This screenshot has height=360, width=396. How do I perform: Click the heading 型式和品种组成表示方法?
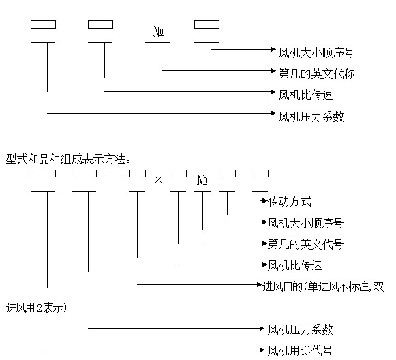(x=65, y=159)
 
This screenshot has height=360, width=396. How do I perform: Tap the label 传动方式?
(x=290, y=201)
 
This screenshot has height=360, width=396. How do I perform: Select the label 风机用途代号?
(x=300, y=350)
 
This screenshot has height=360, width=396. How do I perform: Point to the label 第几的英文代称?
(x=316, y=74)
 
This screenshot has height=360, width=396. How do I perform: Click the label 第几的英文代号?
(x=305, y=244)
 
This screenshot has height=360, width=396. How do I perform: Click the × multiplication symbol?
(x=158, y=179)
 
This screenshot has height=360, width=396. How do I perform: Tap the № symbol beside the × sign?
(x=202, y=180)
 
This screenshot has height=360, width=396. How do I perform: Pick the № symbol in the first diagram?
(x=159, y=31)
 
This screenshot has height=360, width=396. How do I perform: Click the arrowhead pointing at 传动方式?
(x=265, y=201)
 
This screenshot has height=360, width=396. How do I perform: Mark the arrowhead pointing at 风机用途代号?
(x=262, y=350)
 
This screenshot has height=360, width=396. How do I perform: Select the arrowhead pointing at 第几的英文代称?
(x=273, y=70)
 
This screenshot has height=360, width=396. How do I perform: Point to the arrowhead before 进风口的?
(x=260, y=285)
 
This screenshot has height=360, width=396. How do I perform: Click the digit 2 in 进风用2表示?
(x=40, y=307)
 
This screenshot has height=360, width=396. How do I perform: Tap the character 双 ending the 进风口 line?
(x=378, y=287)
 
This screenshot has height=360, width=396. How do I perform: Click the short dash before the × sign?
(x=112, y=177)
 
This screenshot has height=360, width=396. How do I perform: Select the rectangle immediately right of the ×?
(x=179, y=174)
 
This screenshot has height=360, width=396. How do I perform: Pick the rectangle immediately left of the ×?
(x=138, y=174)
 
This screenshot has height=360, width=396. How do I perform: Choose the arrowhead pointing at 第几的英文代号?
(x=264, y=243)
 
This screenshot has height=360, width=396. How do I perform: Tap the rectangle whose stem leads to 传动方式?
(x=260, y=174)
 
